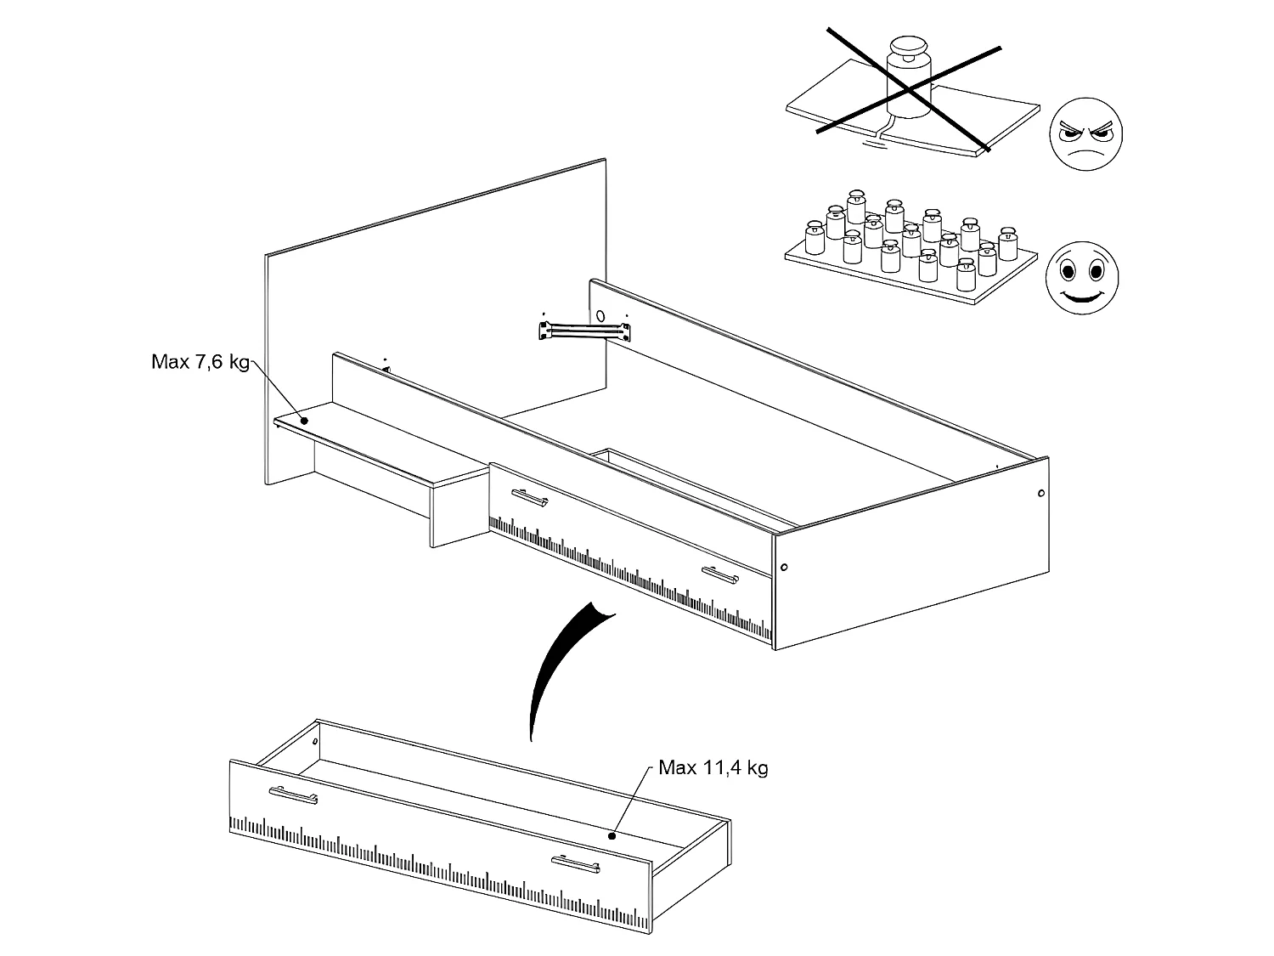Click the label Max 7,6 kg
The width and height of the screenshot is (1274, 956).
pos(200,362)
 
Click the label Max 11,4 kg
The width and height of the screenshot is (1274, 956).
pos(713,768)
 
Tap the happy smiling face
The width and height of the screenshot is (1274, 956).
pos(1081,277)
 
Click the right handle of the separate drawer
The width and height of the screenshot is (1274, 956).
pos(576,864)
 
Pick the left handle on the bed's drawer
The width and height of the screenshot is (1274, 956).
pos(530,498)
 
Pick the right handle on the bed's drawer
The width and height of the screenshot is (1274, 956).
pos(719,574)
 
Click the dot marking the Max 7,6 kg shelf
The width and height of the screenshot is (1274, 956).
pos(304,420)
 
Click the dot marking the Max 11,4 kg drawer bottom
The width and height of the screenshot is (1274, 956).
pos(611,835)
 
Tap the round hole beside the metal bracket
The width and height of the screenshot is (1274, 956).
pos(601,316)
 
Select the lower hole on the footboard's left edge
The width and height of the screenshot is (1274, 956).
pos(784,567)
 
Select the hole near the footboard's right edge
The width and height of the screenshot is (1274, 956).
pos(1041,494)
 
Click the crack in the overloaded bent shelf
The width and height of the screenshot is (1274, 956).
pos(883,133)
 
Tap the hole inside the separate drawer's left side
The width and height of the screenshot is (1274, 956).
pos(315,742)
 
